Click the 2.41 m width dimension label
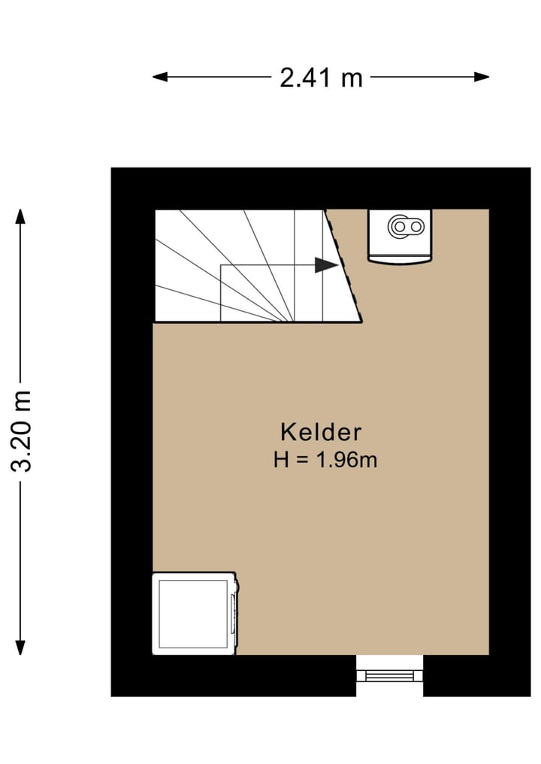(x=321, y=77)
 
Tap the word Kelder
(x=321, y=433)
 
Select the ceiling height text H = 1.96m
(x=325, y=460)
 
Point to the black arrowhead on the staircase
(x=325, y=265)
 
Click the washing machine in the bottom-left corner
(x=195, y=614)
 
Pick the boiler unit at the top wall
(x=401, y=236)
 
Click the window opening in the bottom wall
(x=389, y=675)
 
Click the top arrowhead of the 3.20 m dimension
(x=20, y=216)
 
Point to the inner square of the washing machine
(x=193, y=614)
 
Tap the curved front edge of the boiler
(x=401, y=261)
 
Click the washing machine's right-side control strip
(x=234, y=612)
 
